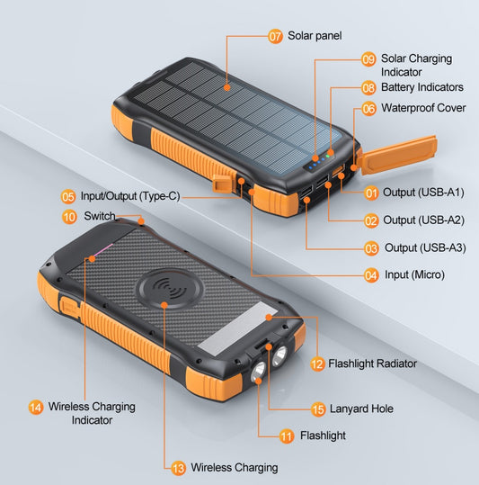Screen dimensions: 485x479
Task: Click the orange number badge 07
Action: click(276, 36)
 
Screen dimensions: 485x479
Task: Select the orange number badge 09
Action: click(368, 58)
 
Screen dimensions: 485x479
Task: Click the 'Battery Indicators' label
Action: click(421, 87)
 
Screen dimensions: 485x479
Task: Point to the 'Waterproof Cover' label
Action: click(423, 108)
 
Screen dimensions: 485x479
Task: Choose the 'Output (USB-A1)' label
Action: click(423, 193)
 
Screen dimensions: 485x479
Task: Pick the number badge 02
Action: click(371, 220)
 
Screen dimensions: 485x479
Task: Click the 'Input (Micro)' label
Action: click(413, 274)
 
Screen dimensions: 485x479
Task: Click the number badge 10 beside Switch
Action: click(69, 216)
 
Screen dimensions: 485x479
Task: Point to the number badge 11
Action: click(287, 436)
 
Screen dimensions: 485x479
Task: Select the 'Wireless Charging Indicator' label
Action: click(93, 413)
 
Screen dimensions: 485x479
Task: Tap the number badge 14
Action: click(35, 407)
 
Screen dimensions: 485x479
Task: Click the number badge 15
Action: click(317, 409)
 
